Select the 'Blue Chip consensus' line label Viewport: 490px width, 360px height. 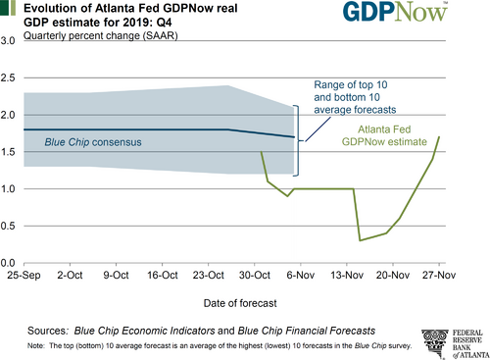pyautogui.click(x=93, y=143)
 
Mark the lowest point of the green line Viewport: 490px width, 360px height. pyautogui.click(x=360, y=240)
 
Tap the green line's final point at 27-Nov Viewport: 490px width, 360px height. pyautogui.click(x=439, y=136)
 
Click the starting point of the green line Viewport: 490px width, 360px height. pyautogui.click(x=261, y=152)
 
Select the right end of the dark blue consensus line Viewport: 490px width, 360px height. pyautogui.click(x=294, y=137)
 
